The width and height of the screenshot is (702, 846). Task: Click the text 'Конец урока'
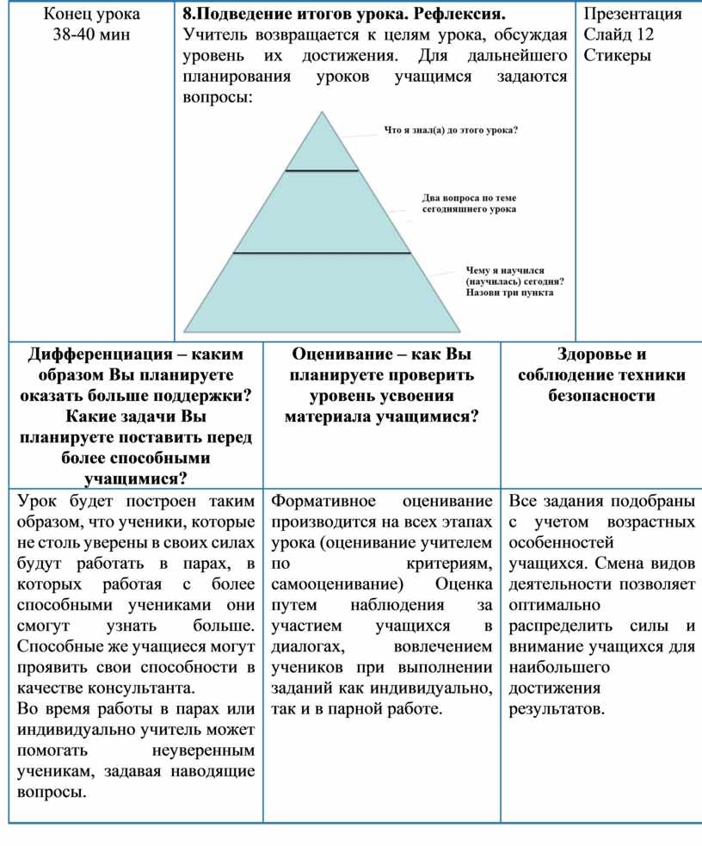click(x=91, y=15)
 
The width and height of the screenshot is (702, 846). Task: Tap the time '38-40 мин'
click(x=91, y=35)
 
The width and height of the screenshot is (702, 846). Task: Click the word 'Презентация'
click(x=632, y=15)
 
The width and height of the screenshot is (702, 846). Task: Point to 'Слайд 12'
click(x=618, y=35)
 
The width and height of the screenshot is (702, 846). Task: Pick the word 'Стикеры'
click(x=617, y=56)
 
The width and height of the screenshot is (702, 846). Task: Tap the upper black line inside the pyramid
click(x=322, y=171)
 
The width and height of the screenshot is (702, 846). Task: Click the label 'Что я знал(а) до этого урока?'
click(x=451, y=131)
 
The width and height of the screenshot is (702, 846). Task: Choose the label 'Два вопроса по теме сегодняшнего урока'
click(x=470, y=203)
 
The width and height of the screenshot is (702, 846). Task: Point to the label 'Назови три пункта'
click(x=510, y=293)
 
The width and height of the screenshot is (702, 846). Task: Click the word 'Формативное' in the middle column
click(x=323, y=500)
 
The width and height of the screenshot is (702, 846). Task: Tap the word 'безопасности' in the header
click(x=601, y=396)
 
